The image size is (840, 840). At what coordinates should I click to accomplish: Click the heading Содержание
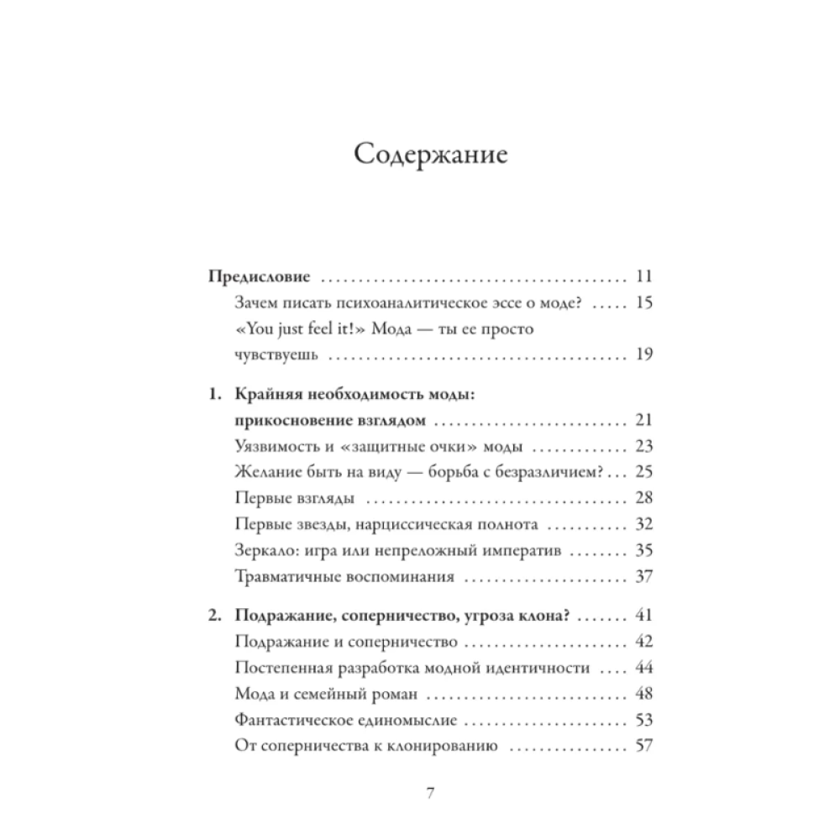click(430, 156)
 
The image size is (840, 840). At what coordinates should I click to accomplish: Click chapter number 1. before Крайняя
click(215, 394)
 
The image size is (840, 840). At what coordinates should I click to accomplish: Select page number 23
click(645, 446)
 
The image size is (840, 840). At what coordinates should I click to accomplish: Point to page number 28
click(645, 498)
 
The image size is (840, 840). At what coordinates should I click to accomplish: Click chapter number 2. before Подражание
click(215, 617)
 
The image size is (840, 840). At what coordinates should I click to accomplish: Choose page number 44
click(645, 669)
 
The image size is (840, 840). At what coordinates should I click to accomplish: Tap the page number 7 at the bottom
click(430, 793)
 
